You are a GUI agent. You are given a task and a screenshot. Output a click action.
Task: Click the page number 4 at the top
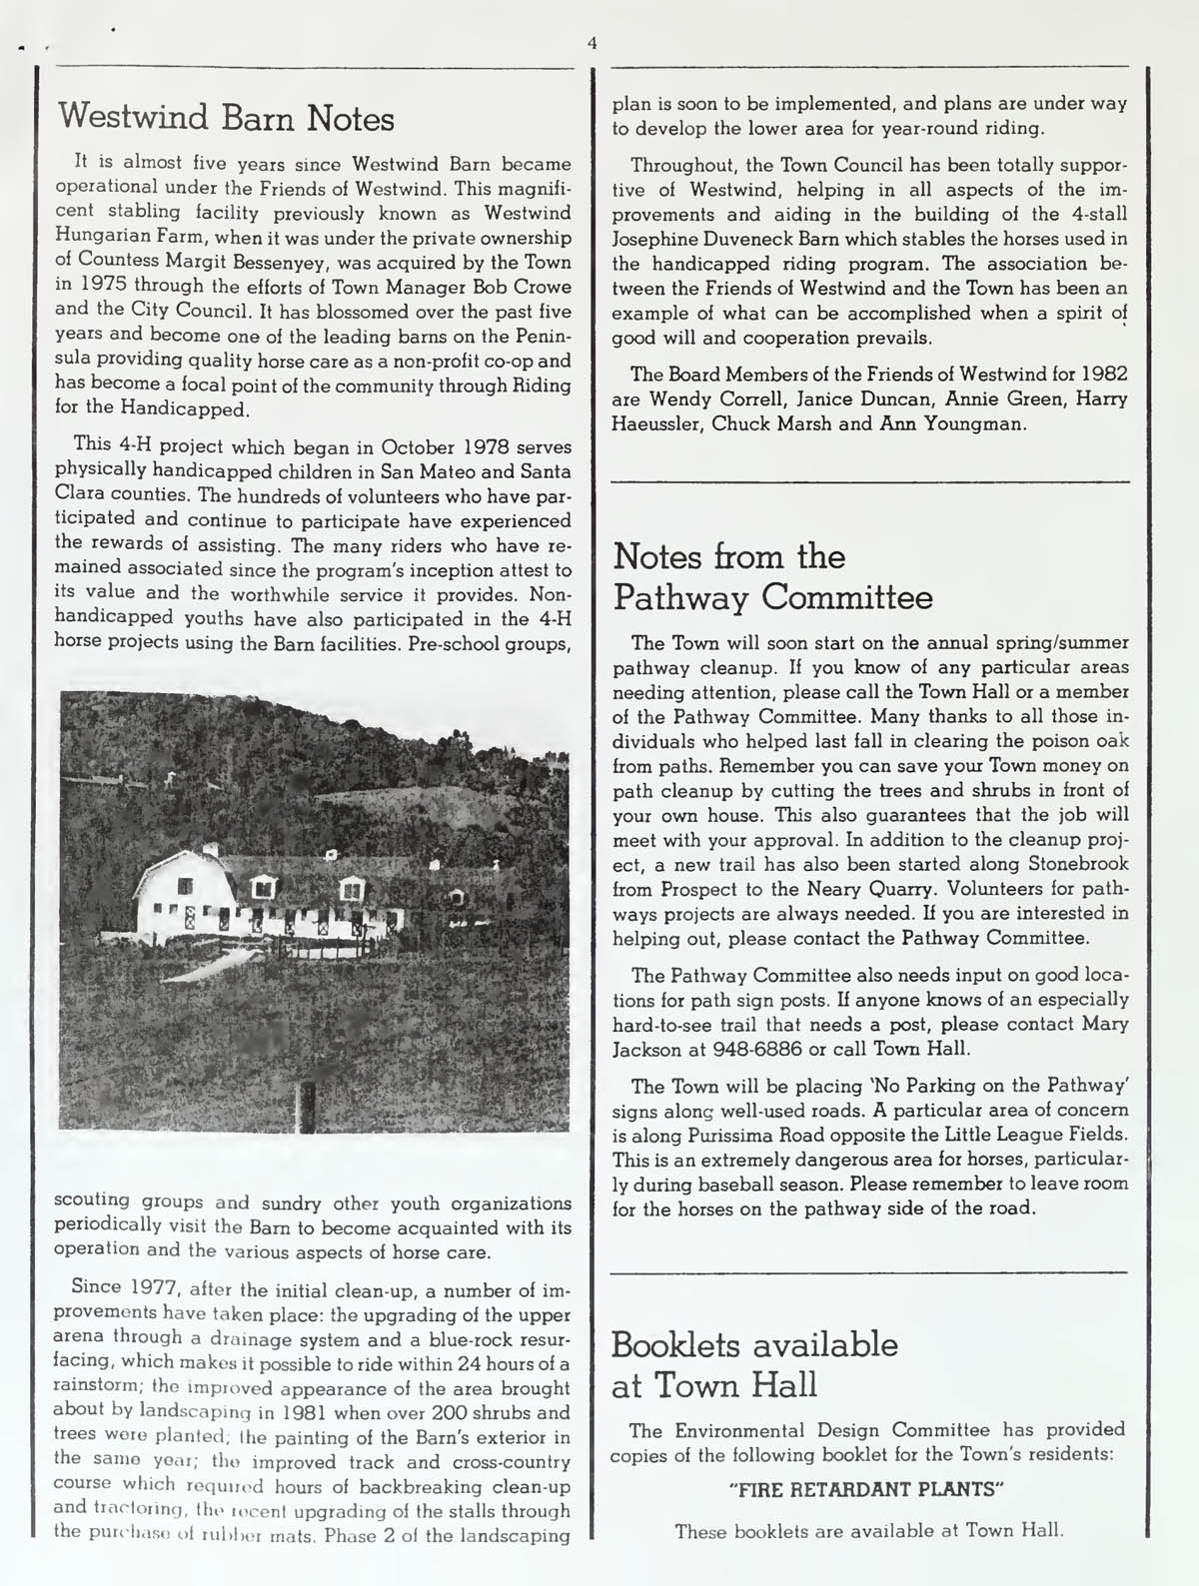pyautogui.click(x=592, y=43)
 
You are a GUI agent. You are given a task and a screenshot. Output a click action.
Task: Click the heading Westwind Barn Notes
pyautogui.click(x=226, y=119)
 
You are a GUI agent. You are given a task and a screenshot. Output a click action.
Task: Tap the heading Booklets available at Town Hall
pyautogui.click(x=754, y=1364)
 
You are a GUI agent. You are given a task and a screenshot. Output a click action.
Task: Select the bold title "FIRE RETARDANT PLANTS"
pyautogui.click(x=866, y=1489)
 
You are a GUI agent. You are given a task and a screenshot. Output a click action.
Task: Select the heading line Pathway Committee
pyautogui.click(x=772, y=597)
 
